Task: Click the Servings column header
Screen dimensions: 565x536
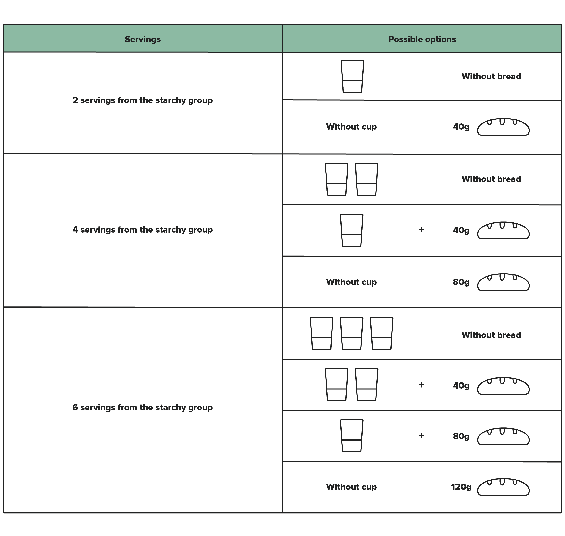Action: pyautogui.click(x=142, y=39)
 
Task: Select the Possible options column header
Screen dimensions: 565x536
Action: pyautogui.click(x=422, y=39)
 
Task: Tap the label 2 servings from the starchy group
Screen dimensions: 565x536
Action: pyautogui.click(x=142, y=100)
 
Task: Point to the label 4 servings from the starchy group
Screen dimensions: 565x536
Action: pyautogui.click(x=142, y=230)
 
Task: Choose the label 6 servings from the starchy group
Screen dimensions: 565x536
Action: pyautogui.click(x=142, y=408)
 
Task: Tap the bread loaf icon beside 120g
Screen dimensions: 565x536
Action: pyautogui.click(x=503, y=487)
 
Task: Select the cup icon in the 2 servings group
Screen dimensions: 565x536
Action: pyautogui.click(x=352, y=76)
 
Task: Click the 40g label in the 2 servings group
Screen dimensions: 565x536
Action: pyautogui.click(x=461, y=127)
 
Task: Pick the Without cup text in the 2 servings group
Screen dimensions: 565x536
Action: pyautogui.click(x=351, y=127)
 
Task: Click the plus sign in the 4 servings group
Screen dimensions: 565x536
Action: pyautogui.click(x=422, y=229)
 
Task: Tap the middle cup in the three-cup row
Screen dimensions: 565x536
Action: pyautogui.click(x=351, y=333)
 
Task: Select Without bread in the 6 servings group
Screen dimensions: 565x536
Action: pyautogui.click(x=491, y=335)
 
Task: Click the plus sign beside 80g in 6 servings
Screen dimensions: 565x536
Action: pyautogui.click(x=422, y=435)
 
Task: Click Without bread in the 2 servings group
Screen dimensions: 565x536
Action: pyautogui.click(x=491, y=76)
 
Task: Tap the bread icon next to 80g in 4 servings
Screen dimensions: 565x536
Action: pyautogui.click(x=503, y=282)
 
